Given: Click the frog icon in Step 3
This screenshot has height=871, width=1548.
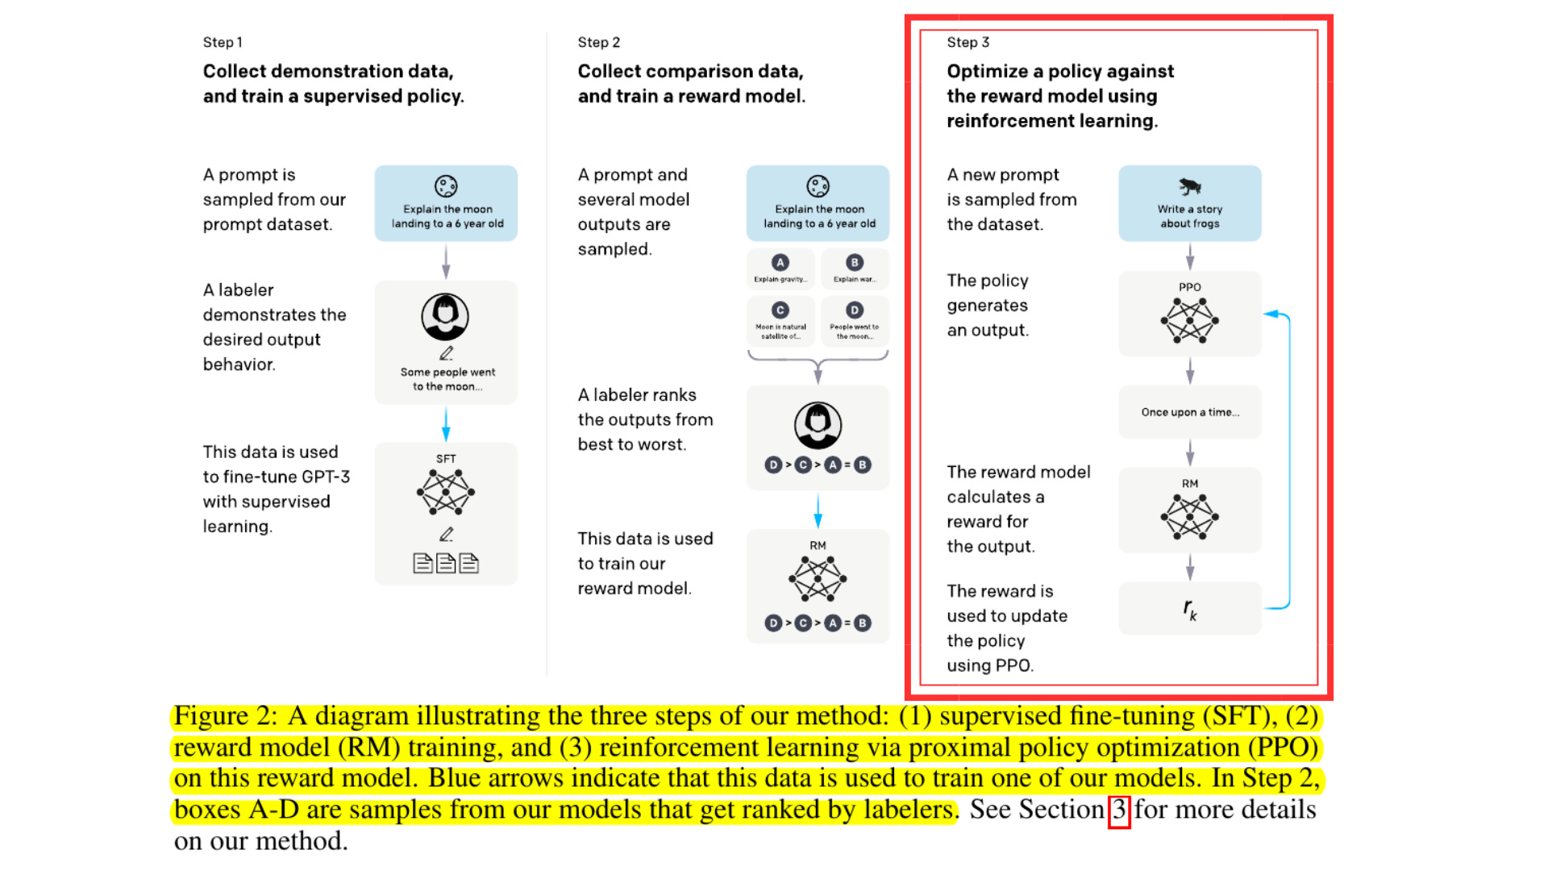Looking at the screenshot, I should [x=1189, y=187].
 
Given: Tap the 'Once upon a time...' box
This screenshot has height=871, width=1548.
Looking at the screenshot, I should [x=1189, y=412].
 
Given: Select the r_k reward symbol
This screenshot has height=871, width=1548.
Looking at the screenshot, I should [x=1189, y=609].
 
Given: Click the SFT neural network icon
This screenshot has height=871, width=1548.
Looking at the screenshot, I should [x=446, y=492].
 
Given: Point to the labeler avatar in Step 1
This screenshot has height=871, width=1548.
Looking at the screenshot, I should [x=445, y=317].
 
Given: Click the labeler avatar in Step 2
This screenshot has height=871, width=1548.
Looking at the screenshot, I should [x=818, y=425].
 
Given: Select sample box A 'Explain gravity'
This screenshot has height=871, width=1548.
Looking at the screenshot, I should [x=780, y=269].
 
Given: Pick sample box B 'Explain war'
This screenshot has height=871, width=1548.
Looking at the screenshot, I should [x=855, y=269].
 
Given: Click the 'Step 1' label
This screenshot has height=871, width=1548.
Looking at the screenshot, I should [x=223, y=42].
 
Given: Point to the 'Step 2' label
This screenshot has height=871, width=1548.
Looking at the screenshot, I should [x=598, y=42].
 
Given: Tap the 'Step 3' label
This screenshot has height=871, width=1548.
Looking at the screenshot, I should [x=967, y=42].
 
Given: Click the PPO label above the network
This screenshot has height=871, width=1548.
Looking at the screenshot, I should [x=1189, y=287].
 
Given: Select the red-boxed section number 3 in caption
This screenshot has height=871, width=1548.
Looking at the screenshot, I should [x=1119, y=810].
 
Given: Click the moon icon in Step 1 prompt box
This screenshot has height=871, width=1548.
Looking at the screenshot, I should [x=446, y=186].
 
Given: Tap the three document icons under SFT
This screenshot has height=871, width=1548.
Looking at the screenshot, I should [x=446, y=563].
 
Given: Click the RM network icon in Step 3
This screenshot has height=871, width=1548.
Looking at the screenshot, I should [x=1189, y=517].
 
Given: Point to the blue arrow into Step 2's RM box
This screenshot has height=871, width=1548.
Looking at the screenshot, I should [x=818, y=510].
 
